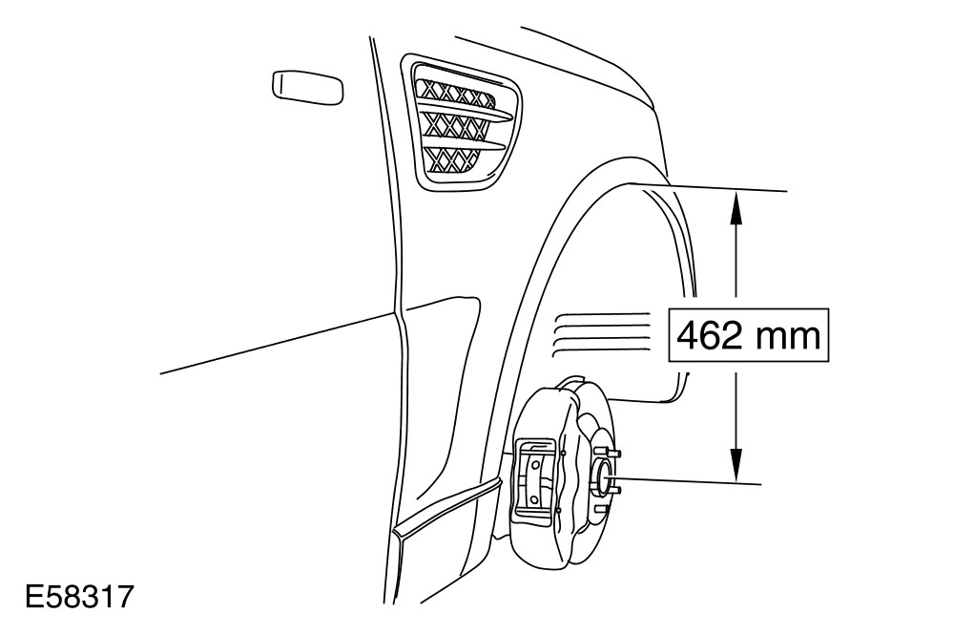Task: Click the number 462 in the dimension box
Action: click(707, 336)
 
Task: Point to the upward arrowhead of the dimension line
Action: click(736, 201)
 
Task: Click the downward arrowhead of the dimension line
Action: click(736, 470)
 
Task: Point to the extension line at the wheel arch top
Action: click(715, 187)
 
